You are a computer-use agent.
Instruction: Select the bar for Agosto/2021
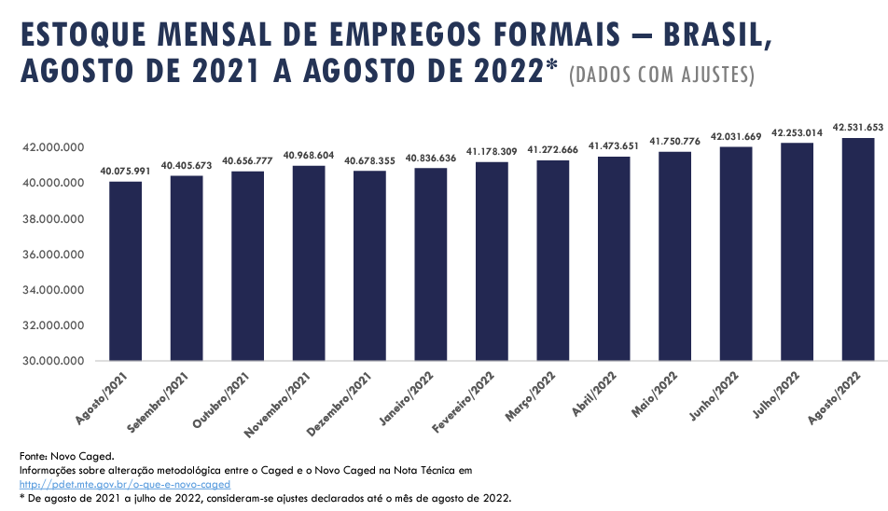125,271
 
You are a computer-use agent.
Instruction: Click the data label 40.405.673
187,166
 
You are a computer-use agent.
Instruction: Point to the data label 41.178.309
492,152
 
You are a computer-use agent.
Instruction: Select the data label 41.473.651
614,146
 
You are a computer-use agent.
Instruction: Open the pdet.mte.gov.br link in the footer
124,484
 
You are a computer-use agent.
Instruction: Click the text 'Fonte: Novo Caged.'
66,456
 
